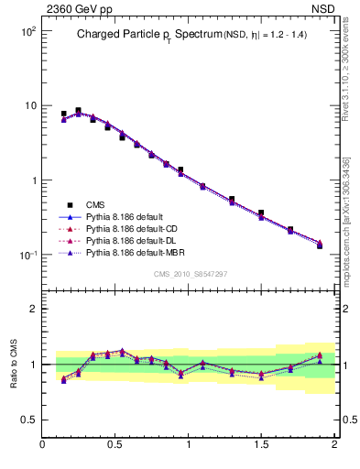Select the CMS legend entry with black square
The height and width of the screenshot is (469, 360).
pyautogui.click(x=95, y=204)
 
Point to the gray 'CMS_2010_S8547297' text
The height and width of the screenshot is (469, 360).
pyautogui.click(x=190, y=274)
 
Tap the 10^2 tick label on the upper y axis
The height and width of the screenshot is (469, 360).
pyautogui.click(x=27, y=31)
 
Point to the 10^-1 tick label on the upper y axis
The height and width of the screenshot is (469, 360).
pyautogui.click(x=27, y=256)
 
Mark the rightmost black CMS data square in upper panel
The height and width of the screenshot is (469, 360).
pyautogui.click(x=320, y=245)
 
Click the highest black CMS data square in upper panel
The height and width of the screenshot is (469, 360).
pyautogui.click(x=78, y=110)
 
